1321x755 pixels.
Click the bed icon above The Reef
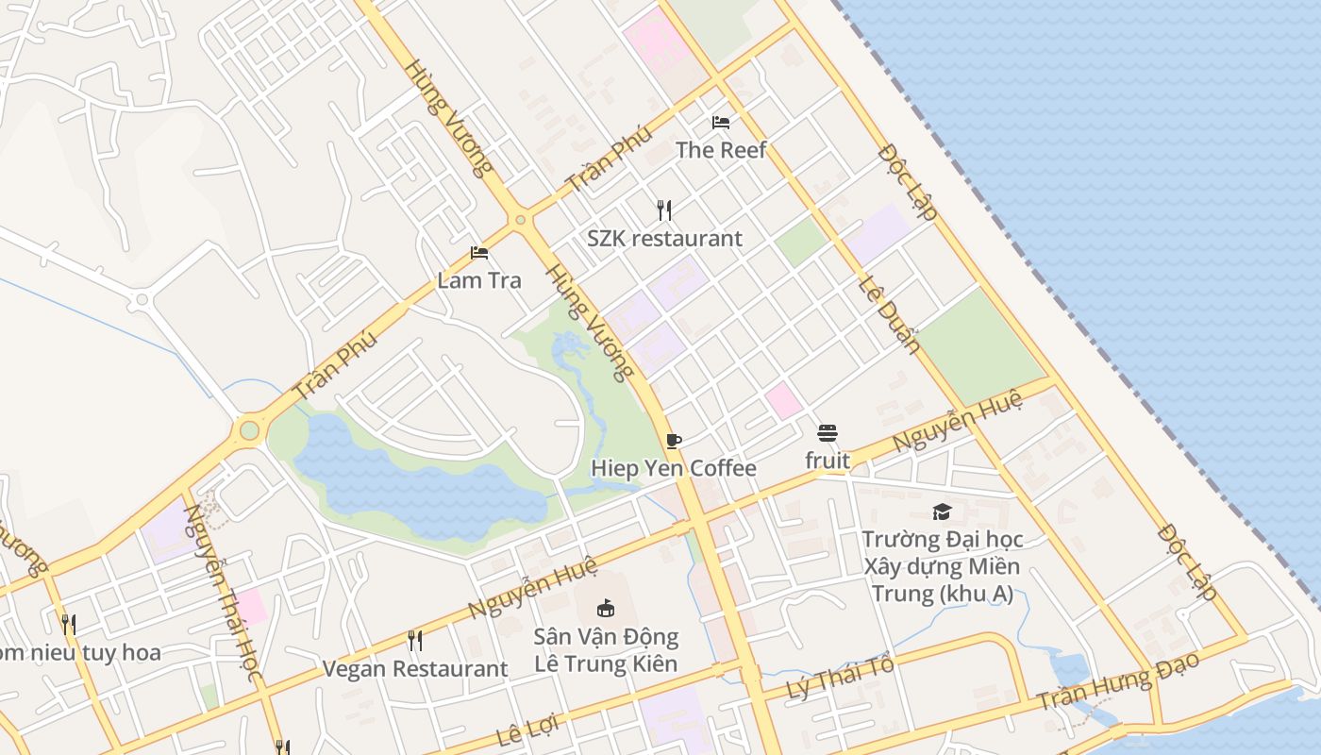(721, 123)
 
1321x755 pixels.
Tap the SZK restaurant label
(664, 239)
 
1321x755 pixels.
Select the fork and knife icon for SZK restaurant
(664, 210)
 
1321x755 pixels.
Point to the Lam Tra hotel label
(479, 280)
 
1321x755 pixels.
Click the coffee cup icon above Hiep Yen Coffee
(673, 441)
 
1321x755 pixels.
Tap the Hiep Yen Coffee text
(673, 469)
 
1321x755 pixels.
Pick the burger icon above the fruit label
(828, 433)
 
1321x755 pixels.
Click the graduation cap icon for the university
(942, 512)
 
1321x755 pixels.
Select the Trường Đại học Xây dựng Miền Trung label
(942, 567)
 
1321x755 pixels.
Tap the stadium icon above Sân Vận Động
(606, 608)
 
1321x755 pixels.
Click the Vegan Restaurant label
(415, 669)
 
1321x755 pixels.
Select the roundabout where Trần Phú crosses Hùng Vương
(520, 221)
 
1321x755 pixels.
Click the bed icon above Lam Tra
(479, 253)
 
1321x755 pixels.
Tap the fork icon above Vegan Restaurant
(415, 641)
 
